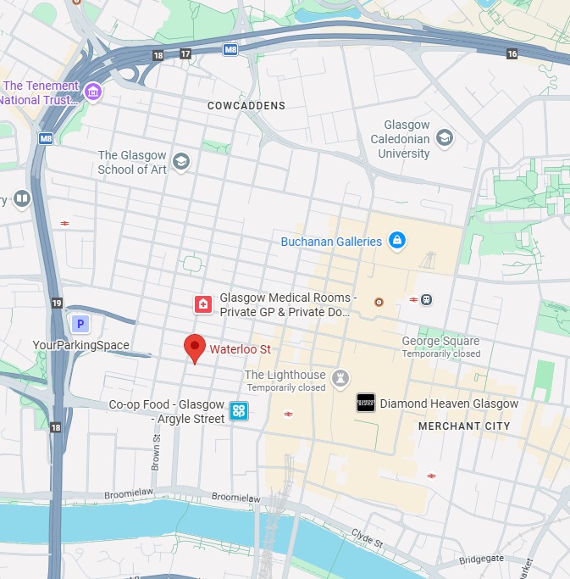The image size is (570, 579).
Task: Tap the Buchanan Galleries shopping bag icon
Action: [x=396, y=242]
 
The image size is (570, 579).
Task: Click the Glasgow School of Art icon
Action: [x=180, y=161]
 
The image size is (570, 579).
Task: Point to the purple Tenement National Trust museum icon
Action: [x=93, y=92]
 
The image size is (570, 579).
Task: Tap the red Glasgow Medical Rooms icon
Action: [x=203, y=304]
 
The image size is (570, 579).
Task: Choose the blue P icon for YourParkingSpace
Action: [x=80, y=323]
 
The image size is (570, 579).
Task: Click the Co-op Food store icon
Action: [x=239, y=412]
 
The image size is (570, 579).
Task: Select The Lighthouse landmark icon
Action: [x=341, y=376]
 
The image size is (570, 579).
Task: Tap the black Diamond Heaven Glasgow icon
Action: [x=365, y=403]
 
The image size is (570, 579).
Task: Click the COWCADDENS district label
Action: [x=246, y=106]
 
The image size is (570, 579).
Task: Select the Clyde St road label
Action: [x=367, y=537]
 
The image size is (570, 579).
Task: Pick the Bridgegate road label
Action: [x=483, y=560]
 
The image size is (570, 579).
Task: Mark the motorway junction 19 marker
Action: [x=56, y=303]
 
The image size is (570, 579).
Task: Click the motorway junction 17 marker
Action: [x=185, y=54]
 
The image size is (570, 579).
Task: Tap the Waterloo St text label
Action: [x=241, y=349]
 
